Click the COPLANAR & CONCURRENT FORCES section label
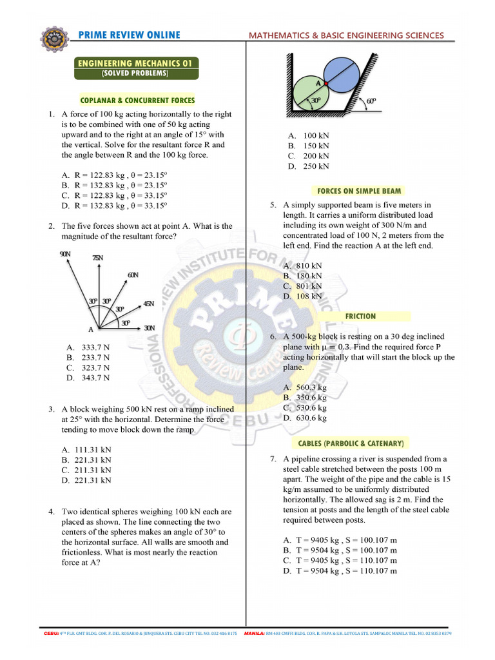(x=137, y=100)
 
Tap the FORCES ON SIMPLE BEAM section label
(x=359, y=191)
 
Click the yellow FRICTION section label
(x=360, y=316)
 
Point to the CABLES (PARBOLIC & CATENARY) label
(x=351, y=443)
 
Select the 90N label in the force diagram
(x=64, y=255)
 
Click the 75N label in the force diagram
(x=97, y=258)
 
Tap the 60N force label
(x=133, y=275)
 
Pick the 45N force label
(x=148, y=304)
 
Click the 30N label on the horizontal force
(x=150, y=327)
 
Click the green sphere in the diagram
(x=309, y=93)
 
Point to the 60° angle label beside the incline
(x=371, y=101)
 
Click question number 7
(x=273, y=459)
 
